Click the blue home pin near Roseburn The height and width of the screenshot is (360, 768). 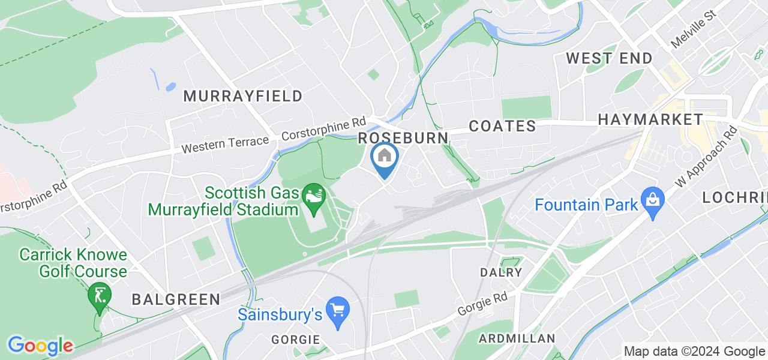tap(384, 158)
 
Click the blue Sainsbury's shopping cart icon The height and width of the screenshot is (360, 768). tap(338, 310)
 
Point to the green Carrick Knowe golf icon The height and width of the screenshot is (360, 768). tap(97, 295)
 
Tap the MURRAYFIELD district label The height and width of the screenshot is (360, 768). tap(242, 96)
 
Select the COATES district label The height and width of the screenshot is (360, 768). tap(502, 126)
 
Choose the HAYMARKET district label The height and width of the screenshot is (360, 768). tap(650, 119)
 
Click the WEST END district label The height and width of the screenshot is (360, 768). tap(609, 59)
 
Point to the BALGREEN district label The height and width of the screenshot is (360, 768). tap(176, 299)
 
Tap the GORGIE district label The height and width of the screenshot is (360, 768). tap(295, 340)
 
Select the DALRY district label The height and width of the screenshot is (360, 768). tap(500, 272)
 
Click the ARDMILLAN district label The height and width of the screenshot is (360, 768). tap(517, 338)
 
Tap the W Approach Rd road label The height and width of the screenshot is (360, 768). tap(706, 155)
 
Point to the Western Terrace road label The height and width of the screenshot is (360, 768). tap(225, 144)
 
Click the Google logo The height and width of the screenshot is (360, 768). tap(40, 346)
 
